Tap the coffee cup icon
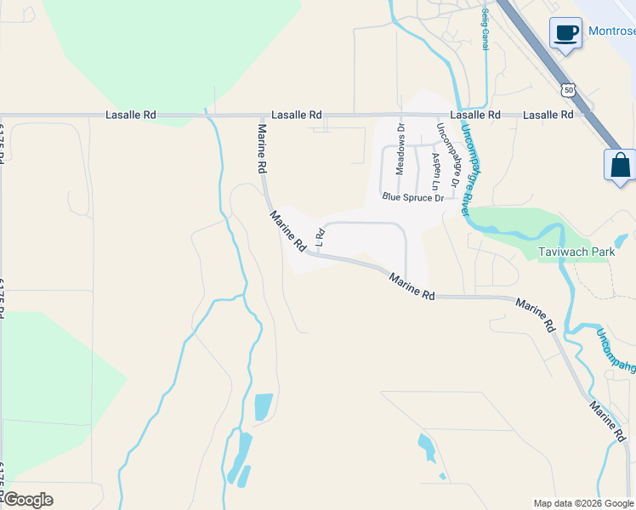[x=565, y=33]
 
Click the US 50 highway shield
[x=568, y=89]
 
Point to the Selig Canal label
[x=485, y=30]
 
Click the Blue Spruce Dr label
[x=413, y=197]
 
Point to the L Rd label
[x=321, y=236]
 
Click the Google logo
[x=27, y=500]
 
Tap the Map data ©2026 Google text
[x=583, y=503]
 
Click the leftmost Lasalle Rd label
[x=131, y=115]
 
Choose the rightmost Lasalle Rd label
[x=548, y=115]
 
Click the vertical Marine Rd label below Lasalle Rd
[x=263, y=150]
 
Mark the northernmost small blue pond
[x=264, y=407]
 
